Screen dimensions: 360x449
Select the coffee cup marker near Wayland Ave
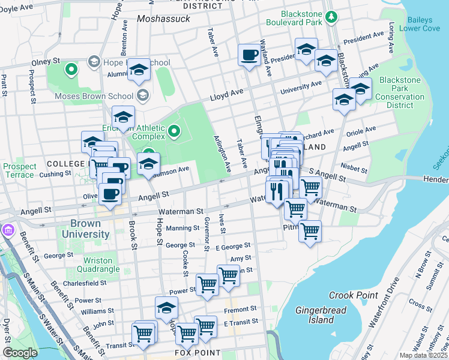tap(249, 56)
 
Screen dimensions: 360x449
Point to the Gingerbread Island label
tap(314, 315)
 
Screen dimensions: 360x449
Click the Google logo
tap(20, 353)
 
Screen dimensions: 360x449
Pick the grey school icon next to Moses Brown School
tap(143, 95)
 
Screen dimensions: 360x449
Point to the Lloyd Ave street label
tap(226, 96)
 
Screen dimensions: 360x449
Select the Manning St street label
tap(182, 228)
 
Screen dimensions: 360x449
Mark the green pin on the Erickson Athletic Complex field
tap(174, 130)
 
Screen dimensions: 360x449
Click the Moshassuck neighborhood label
tap(163, 19)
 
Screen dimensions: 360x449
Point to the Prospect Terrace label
tap(19, 170)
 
